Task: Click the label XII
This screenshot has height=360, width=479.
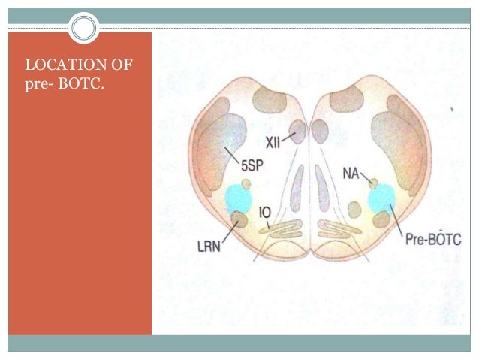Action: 274,143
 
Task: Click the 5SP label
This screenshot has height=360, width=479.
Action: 252,170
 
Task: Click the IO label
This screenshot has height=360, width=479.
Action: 264,213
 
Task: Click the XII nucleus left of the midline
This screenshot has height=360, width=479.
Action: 300,132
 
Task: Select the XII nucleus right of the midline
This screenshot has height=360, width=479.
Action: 321,132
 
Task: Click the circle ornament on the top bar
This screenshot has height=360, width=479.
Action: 84,28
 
